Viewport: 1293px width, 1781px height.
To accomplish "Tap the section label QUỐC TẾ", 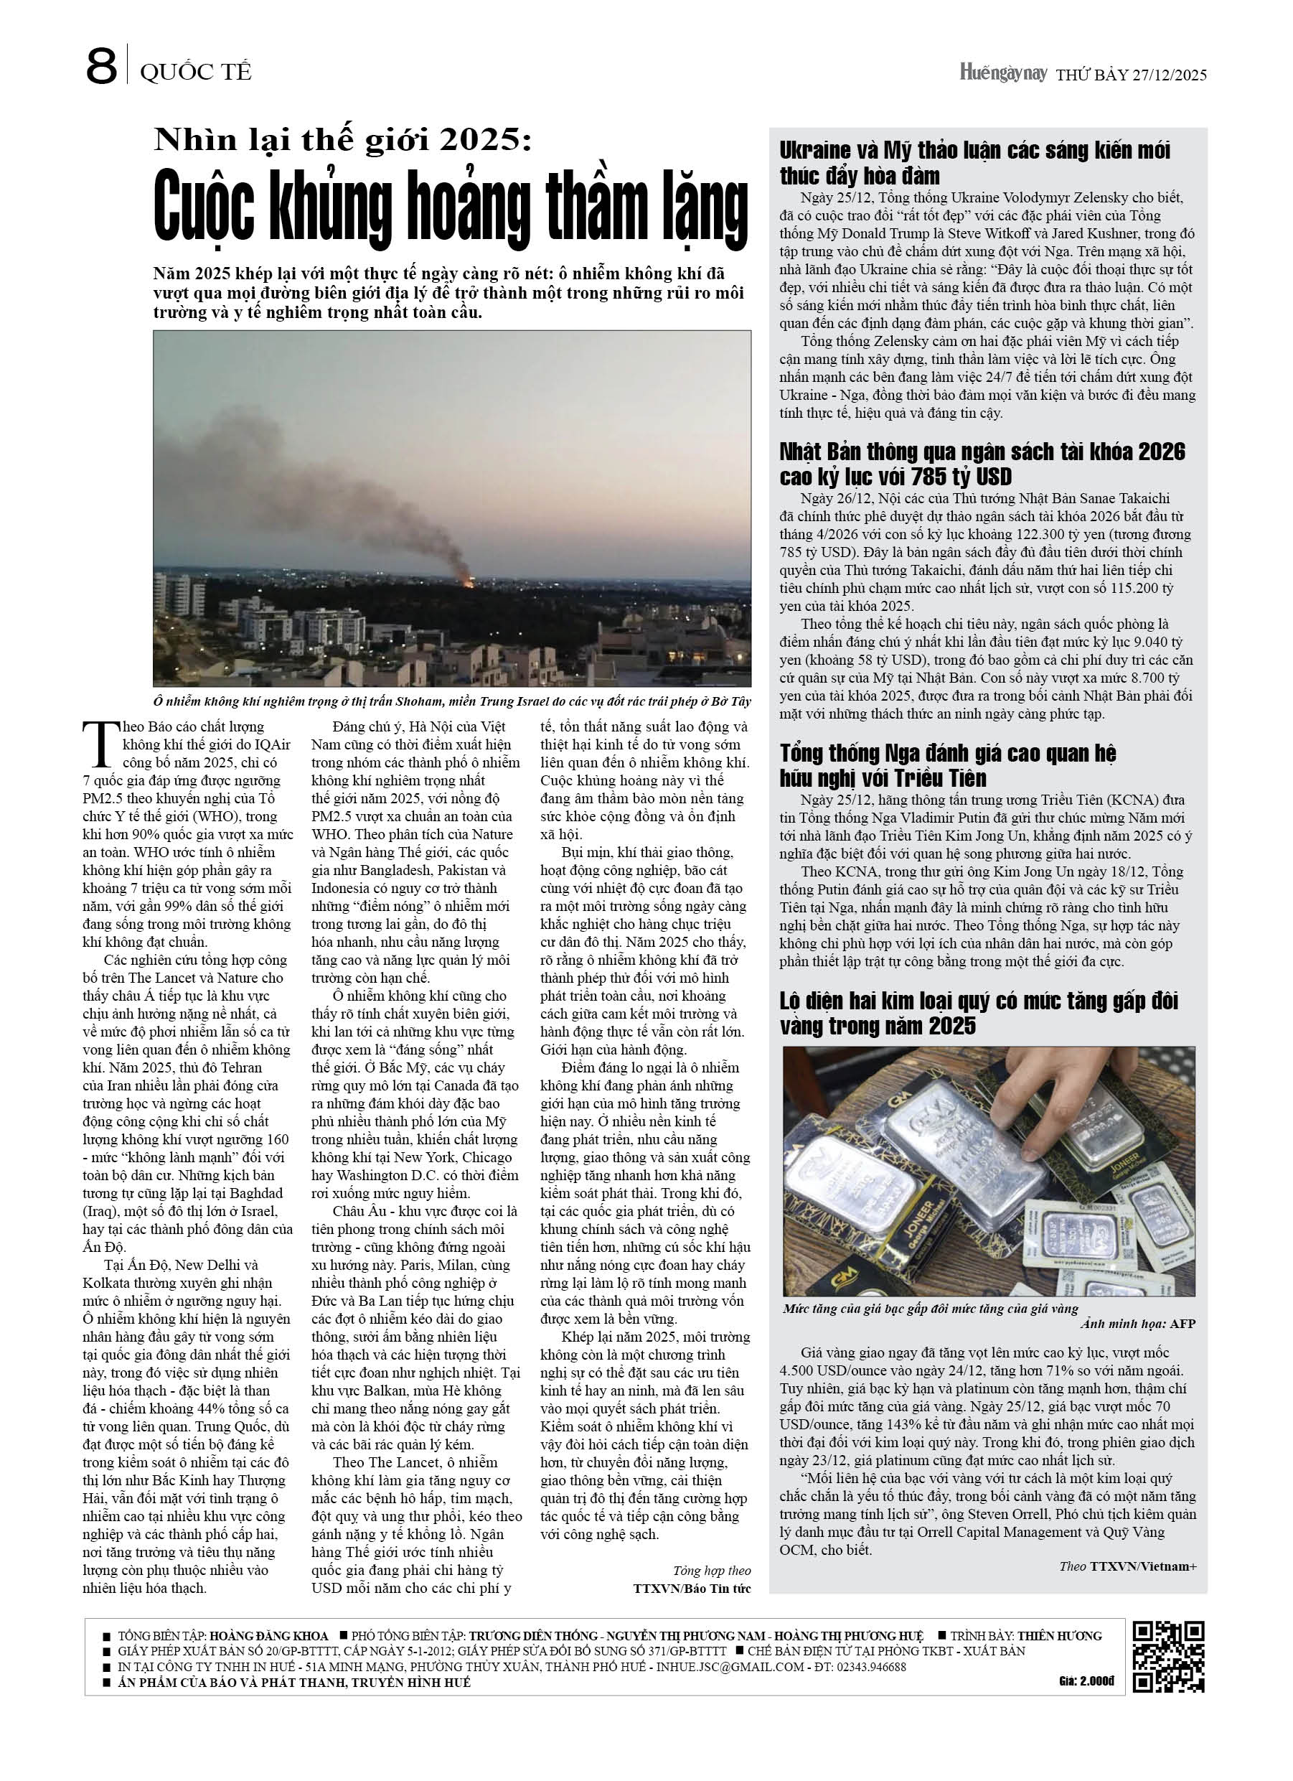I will point(195,73).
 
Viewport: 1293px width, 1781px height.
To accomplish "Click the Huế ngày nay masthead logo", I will point(1003,74).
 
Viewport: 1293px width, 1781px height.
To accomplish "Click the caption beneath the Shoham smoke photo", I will point(451,701).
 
